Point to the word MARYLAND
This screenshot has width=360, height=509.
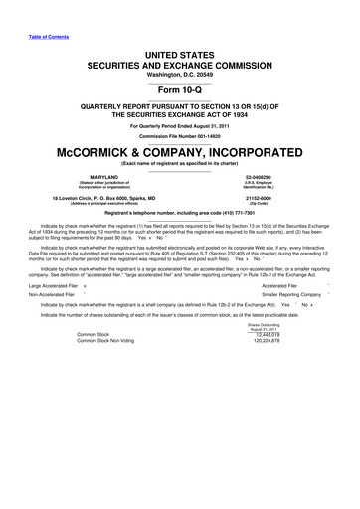[x=90, y=176]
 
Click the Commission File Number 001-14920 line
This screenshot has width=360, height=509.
[x=180, y=137]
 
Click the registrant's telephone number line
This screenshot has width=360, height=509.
[x=180, y=214]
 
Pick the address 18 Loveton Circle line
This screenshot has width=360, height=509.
[x=90, y=197]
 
